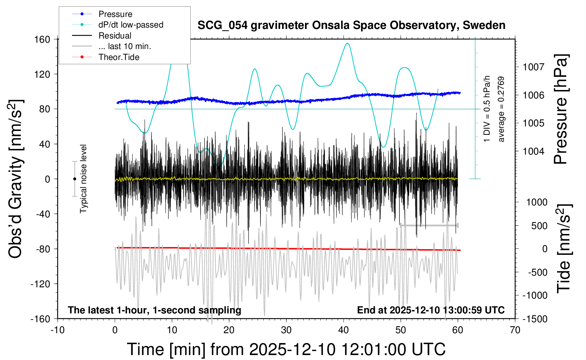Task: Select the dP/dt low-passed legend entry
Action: [x=131, y=25]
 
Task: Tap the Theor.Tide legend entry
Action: [x=119, y=57]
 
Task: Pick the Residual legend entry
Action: [x=115, y=36]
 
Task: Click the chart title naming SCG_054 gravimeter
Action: [x=351, y=25]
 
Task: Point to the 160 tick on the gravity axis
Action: [x=42, y=39]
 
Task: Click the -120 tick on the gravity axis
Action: [x=40, y=284]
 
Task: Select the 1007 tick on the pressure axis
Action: [x=533, y=67]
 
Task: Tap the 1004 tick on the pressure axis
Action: [x=533, y=151]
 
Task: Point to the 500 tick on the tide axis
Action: [x=539, y=226]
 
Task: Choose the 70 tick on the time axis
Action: [x=515, y=330]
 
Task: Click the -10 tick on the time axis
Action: [x=58, y=330]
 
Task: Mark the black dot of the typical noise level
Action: [x=74, y=179]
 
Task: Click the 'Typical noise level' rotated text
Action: [x=83, y=179]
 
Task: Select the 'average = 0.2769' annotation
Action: [x=501, y=109]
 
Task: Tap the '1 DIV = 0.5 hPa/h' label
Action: [x=487, y=109]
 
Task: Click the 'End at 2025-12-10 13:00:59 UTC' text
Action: [x=431, y=310]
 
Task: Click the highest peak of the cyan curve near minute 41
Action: [x=348, y=43]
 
